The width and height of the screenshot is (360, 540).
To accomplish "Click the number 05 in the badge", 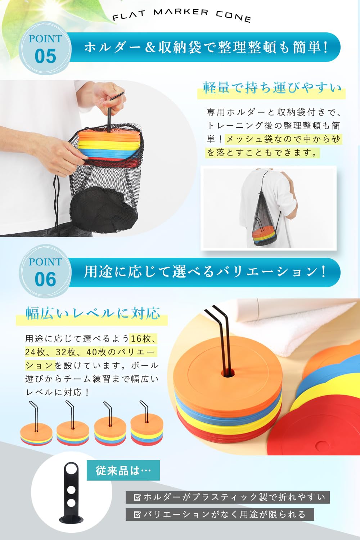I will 45,57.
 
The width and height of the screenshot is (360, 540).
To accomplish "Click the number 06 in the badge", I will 45,280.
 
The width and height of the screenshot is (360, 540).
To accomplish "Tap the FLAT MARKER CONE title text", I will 182,15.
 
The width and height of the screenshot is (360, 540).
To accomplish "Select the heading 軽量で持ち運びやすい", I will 271,88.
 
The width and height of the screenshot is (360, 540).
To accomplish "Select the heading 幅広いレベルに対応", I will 92,313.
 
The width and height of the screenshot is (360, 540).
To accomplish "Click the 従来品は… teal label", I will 123,470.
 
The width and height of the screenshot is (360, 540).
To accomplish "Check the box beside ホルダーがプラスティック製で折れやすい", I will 137,497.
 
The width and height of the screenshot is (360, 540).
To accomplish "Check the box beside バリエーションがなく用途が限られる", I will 137,514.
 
